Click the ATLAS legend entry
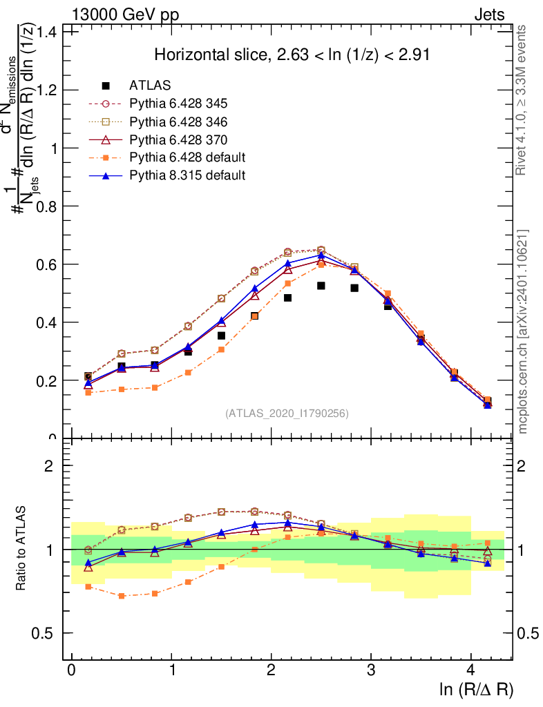[150, 86]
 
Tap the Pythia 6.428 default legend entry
[187, 157]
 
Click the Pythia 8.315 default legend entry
[187, 175]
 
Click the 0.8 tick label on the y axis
[49, 206]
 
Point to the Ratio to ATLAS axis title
[22, 549]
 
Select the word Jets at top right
[488, 15]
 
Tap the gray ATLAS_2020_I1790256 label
[287, 414]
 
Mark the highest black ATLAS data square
[321, 286]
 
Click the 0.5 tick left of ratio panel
[49, 633]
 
